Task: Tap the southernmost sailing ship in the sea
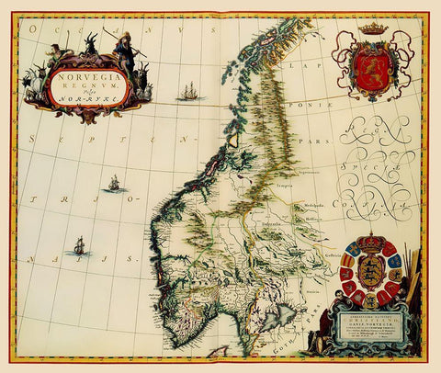point(79,245)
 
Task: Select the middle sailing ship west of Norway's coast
point(114,184)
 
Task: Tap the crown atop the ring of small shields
point(374,244)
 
